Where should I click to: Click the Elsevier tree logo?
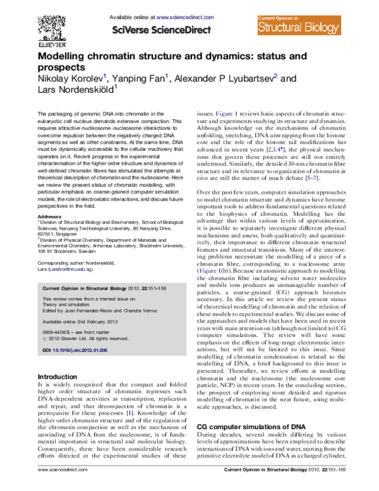tap(53, 25)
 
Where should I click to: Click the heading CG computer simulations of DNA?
tap(251, 426)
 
